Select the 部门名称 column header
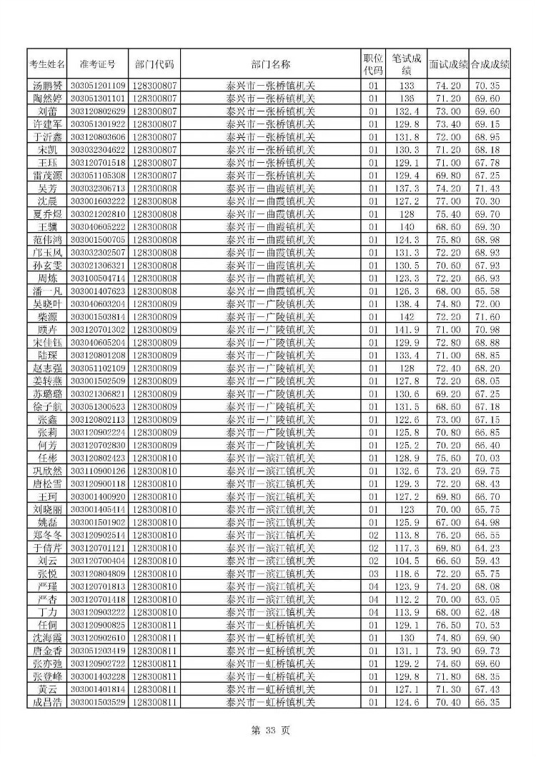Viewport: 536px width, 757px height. click(271, 64)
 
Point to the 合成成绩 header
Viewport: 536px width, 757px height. click(490, 64)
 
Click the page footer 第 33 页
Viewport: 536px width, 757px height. click(268, 730)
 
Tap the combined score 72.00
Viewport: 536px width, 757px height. click(490, 304)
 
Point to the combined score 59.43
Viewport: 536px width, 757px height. click(490, 561)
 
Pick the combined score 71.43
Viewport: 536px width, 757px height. click(490, 189)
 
